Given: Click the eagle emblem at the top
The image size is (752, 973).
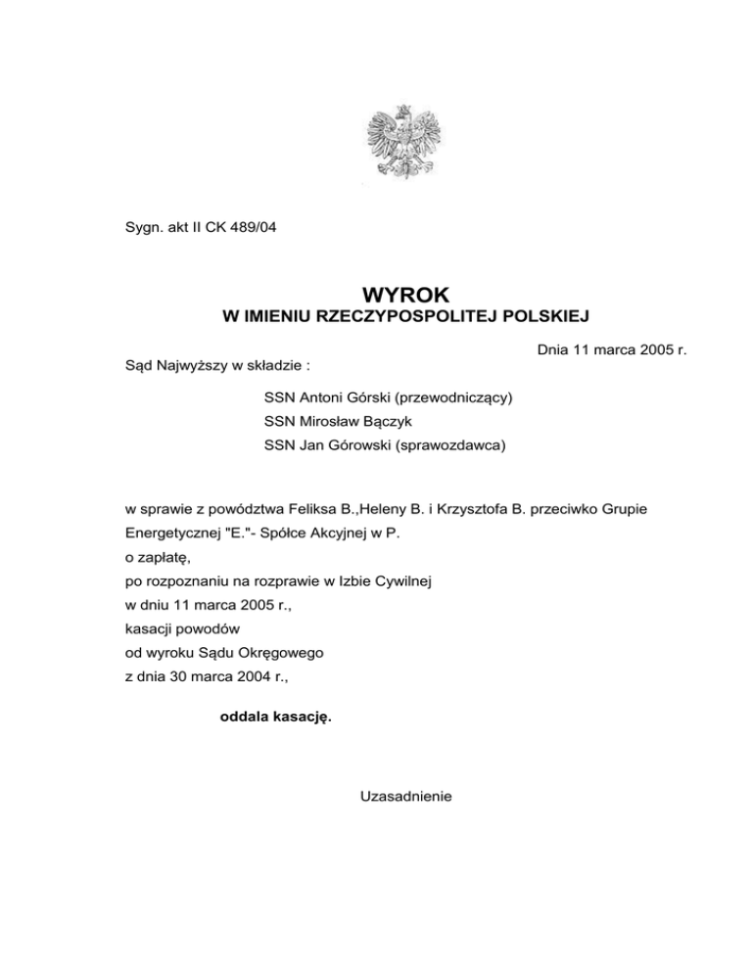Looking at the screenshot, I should click(x=399, y=144).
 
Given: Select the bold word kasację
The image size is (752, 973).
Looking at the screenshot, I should click(x=301, y=716).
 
